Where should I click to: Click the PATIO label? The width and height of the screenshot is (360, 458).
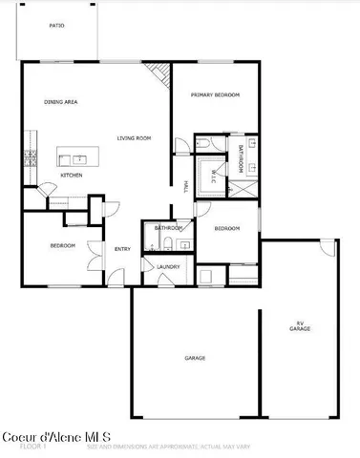[x=57, y=26]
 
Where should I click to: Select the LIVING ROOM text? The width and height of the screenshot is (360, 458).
[x=134, y=138]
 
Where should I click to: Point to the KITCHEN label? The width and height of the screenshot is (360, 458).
[x=72, y=176]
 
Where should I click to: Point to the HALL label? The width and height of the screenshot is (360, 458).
[x=184, y=186]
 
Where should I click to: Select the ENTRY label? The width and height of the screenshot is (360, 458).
[x=122, y=249]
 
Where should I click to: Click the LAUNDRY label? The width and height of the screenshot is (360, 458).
[x=169, y=266]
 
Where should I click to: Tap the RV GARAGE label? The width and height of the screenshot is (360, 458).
[x=300, y=326]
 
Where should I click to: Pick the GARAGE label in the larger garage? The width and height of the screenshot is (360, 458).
[x=195, y=358]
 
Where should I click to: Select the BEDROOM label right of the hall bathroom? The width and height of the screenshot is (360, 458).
[x=226, y=229]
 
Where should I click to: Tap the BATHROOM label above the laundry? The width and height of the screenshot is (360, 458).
[x=169, y=228]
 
